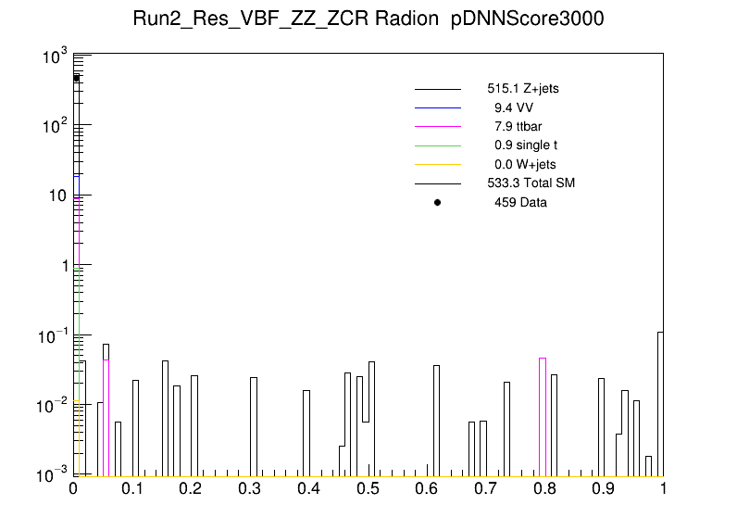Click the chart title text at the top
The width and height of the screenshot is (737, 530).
(x=368, y=20)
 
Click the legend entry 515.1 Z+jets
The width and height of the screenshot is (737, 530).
(x=522, y=89)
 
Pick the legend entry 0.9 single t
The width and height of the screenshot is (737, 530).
(x=525, y=145)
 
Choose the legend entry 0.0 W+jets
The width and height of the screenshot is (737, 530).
(x=524, y=164)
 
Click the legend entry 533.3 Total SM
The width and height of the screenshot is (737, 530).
(x=531, y=183)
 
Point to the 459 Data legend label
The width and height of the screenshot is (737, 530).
(x=520, y=202)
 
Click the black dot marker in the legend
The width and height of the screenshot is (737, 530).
(x=438, y=202)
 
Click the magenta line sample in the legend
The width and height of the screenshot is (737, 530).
(x=438, y=126)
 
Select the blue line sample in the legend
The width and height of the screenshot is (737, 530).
(x=438, y=107)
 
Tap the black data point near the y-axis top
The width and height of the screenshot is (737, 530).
(x=77, y=78)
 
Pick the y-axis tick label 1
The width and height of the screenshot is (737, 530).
(x=61, y=266)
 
